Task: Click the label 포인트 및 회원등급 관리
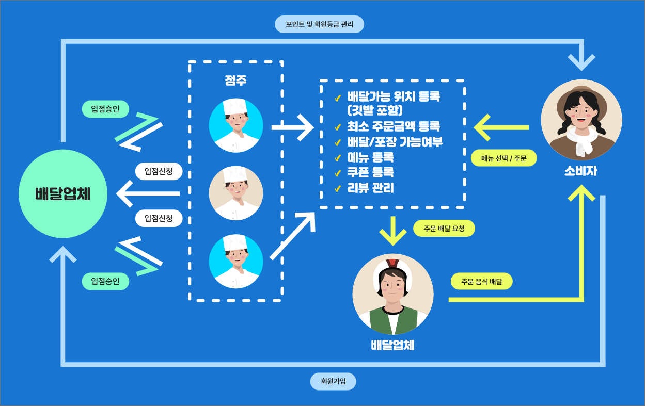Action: tap(319, 24)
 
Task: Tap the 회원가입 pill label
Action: tap(333, 382)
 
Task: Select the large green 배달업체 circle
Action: tap(63, 194)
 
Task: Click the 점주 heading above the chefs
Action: tap(235, 81)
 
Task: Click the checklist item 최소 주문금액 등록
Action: tap(394, 126)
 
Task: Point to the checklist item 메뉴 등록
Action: tap(371, 157)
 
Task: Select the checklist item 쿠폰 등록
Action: tap(371, 173)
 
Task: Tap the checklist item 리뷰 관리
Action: tap(371, 188)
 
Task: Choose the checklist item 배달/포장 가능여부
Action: tap(395, 142)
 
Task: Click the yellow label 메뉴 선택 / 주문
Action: tap(504, 158)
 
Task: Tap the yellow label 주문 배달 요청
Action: tap(444, 229)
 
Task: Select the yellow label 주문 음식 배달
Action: tap(481, 281)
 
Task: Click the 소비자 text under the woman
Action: tap(580, 171)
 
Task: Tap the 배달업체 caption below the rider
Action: tap(392, 345)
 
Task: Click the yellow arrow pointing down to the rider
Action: tap(393, 231)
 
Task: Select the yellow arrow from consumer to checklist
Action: tap(501, 127)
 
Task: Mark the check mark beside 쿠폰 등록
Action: tap(338, 173)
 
